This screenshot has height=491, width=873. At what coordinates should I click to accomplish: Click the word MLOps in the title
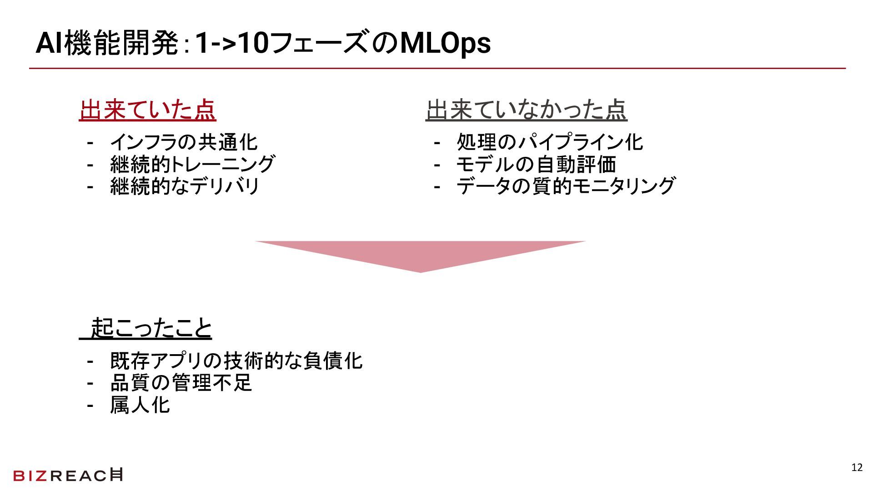point(445,44)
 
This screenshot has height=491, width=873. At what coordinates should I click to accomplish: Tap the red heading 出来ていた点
point(147,110)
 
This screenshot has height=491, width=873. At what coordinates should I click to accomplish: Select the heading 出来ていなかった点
point(526,110)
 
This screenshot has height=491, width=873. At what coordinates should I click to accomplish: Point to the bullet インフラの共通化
point(184,142)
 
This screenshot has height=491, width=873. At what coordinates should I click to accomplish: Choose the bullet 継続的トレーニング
point(192,164)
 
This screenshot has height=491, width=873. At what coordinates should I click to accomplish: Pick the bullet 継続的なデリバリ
point(185,186)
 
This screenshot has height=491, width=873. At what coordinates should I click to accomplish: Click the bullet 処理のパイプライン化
point(550,142)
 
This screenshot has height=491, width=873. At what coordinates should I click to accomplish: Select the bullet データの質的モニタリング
point(566,186)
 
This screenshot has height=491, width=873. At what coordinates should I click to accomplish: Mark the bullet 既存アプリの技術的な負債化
point(236,361)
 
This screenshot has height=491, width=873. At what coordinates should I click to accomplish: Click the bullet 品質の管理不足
point(181,383)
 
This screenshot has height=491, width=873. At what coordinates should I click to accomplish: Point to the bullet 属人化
point(140,405)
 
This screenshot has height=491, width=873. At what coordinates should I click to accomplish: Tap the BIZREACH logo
point(68,475)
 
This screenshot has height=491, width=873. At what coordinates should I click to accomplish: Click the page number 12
point(857,468)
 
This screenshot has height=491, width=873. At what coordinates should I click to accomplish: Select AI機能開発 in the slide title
point(107,44)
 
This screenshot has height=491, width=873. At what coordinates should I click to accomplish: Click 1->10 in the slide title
point(231,44)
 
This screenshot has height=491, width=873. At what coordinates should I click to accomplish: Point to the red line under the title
point(436,68)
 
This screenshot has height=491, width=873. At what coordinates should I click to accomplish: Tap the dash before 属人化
point(90,405)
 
